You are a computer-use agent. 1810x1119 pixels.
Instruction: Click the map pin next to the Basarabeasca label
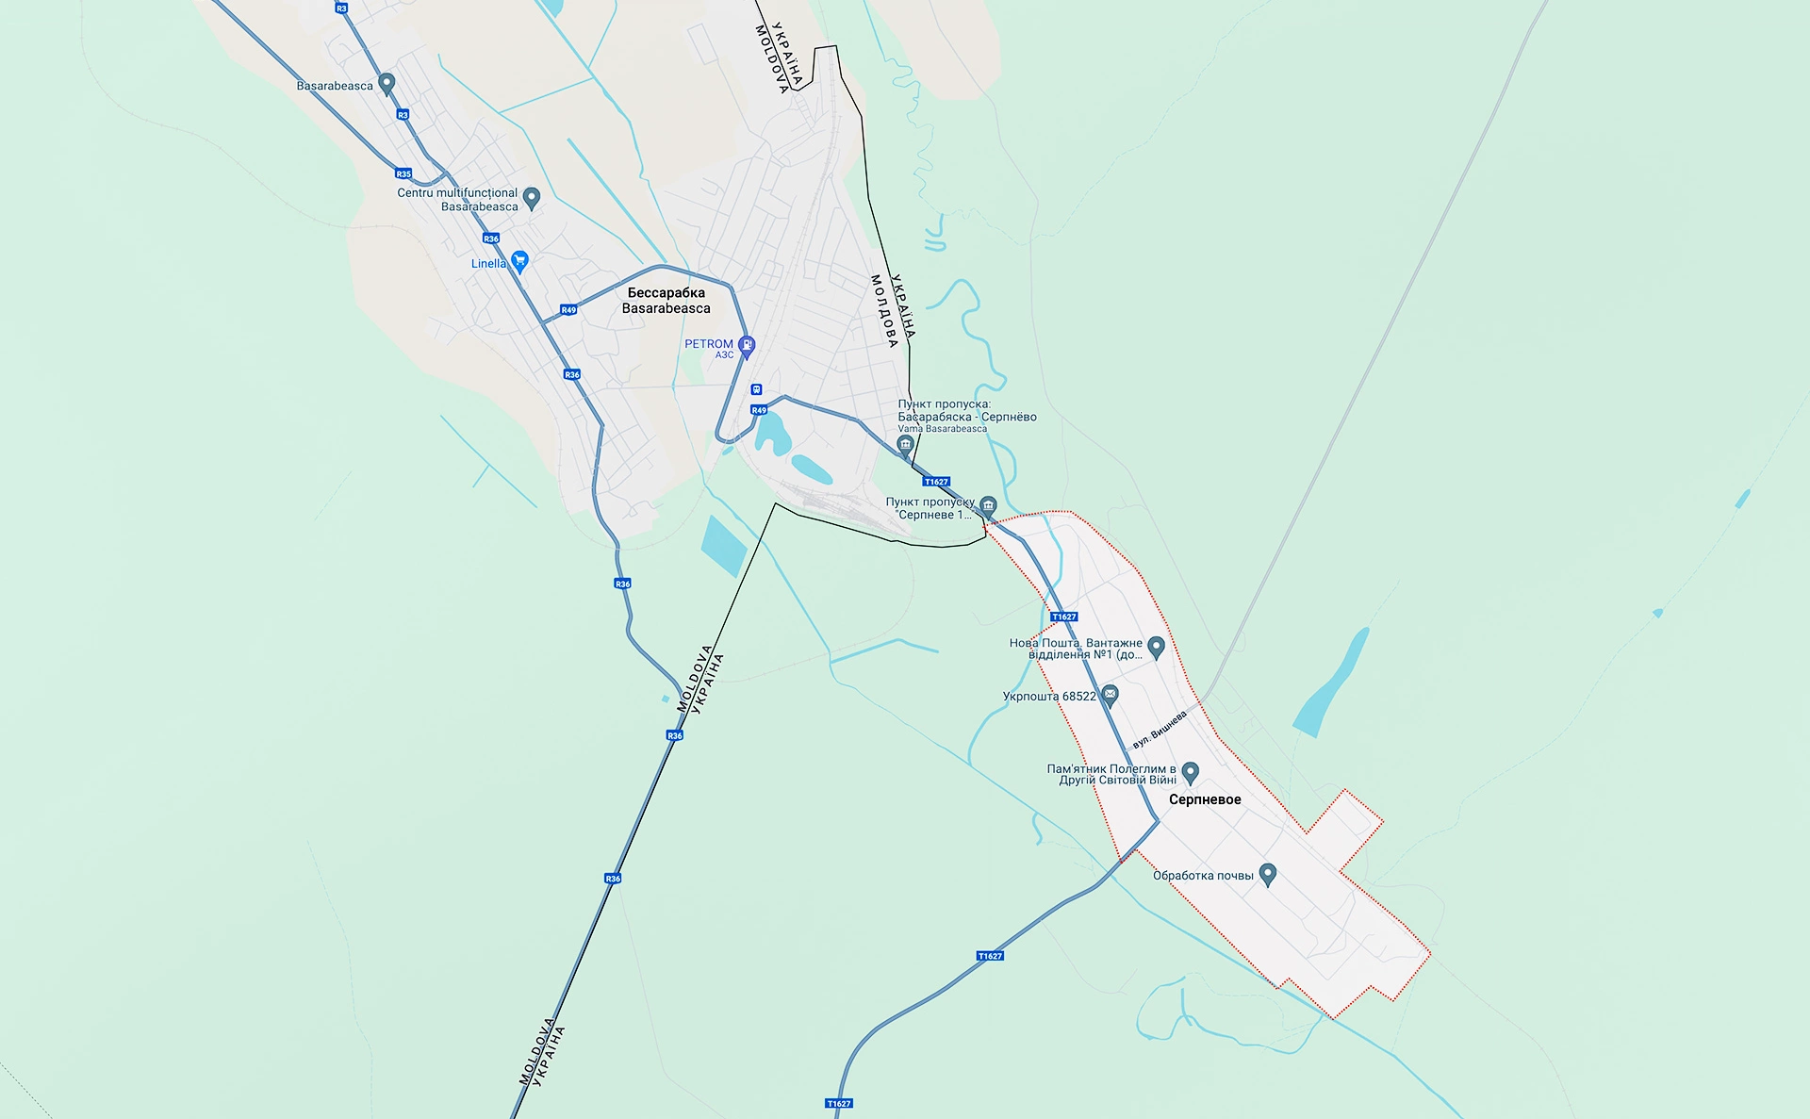(386, 83)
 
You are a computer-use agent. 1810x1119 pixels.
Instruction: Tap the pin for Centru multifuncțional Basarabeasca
(532, 197)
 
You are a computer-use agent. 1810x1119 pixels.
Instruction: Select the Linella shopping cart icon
(519, 261)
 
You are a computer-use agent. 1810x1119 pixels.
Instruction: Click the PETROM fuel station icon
(747, 345)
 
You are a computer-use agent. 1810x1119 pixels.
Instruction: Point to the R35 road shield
(403, 173)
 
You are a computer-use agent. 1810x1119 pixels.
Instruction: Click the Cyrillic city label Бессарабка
(666, 292)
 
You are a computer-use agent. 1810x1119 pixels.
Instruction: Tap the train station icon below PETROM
(756, 389)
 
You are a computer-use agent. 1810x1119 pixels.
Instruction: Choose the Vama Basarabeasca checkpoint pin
(906, 444)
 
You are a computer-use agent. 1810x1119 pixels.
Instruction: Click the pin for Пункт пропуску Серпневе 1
(988, 505)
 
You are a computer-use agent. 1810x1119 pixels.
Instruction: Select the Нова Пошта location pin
(1157, 646)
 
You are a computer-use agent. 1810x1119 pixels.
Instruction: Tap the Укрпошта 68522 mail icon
(1111, 696)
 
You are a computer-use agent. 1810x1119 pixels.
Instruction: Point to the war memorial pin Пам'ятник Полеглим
(1191, 772)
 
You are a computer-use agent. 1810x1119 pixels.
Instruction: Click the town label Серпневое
(1205, 799)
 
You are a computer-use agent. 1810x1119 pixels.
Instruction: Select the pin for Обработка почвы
(1268, 874)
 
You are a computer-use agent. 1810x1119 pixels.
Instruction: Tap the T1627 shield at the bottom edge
(839, 1103)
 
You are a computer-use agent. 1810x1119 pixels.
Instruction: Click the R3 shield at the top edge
(341, 8)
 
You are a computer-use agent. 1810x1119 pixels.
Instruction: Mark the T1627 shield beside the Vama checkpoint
(936, 482)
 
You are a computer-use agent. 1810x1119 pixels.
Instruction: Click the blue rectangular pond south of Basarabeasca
(724, 546)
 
